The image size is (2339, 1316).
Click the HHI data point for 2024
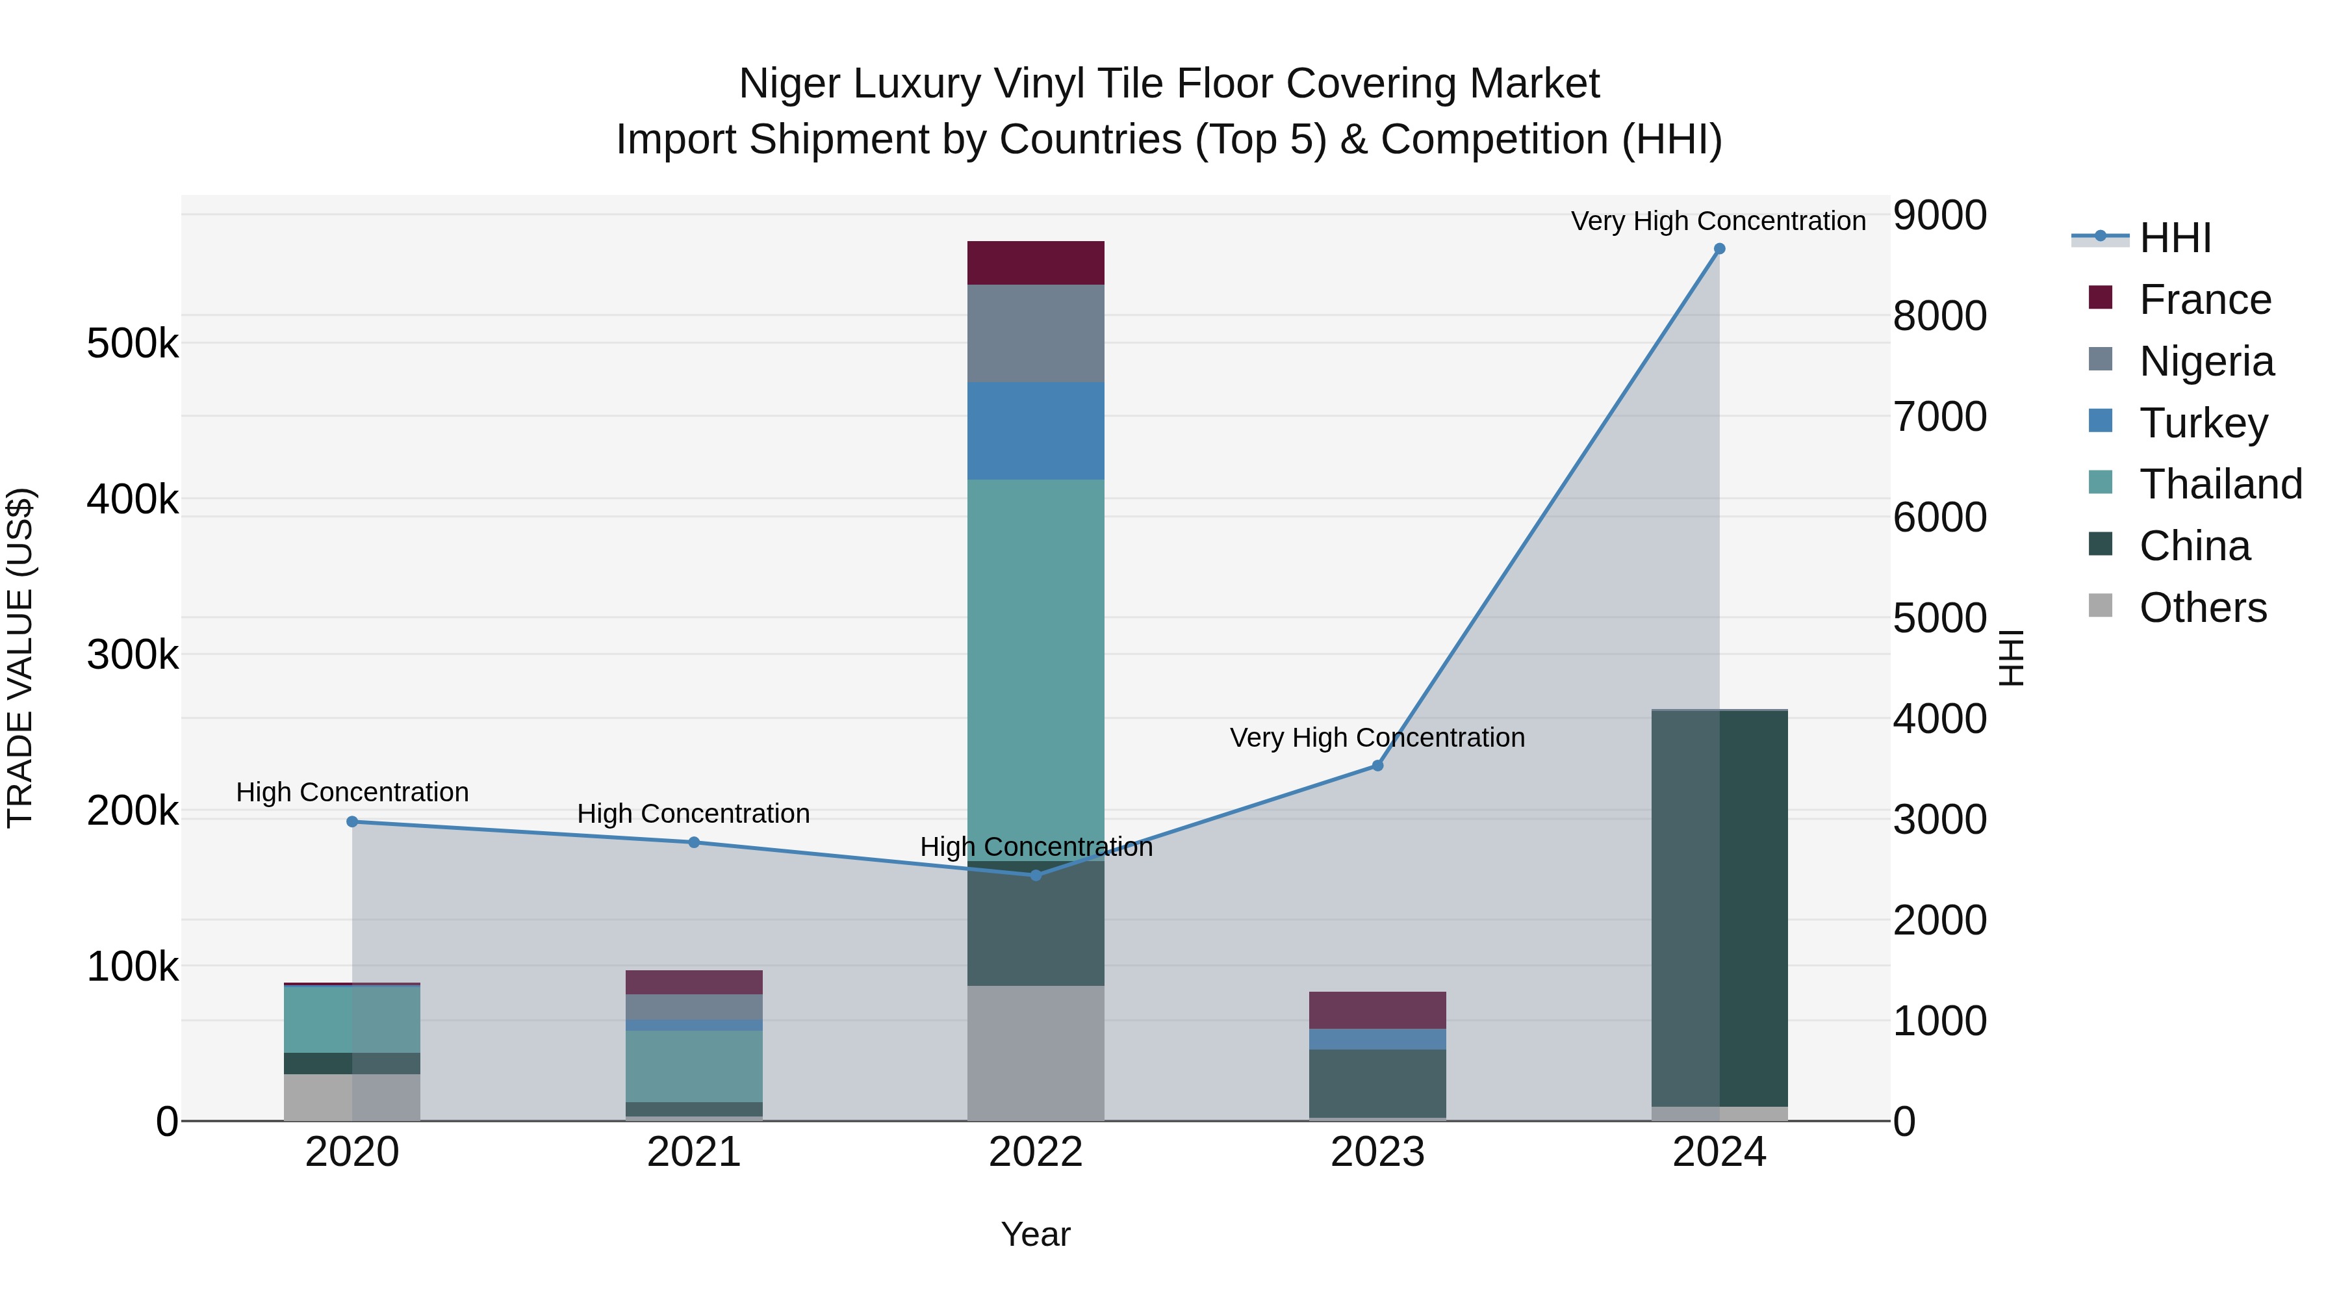(1719, 249)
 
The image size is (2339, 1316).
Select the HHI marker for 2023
(1377, 766)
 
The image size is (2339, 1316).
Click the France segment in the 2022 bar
(1035, 263)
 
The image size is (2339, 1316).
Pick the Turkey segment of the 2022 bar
(1035, 430)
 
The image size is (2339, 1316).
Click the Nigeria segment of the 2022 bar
(1035, 333)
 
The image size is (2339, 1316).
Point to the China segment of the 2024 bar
(1719, 909)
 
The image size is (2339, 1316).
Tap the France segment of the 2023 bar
(1377, 1010)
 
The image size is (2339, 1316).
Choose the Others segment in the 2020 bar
(352, 1097)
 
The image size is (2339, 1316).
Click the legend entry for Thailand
(2219, 484)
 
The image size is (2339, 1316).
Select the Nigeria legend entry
(2206, 361)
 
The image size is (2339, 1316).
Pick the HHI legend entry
(2174, 238)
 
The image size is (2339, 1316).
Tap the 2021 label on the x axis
(694, 1152)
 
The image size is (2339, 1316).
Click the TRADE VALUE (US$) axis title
(20, 658)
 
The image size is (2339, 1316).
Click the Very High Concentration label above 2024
(1718, 221)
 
